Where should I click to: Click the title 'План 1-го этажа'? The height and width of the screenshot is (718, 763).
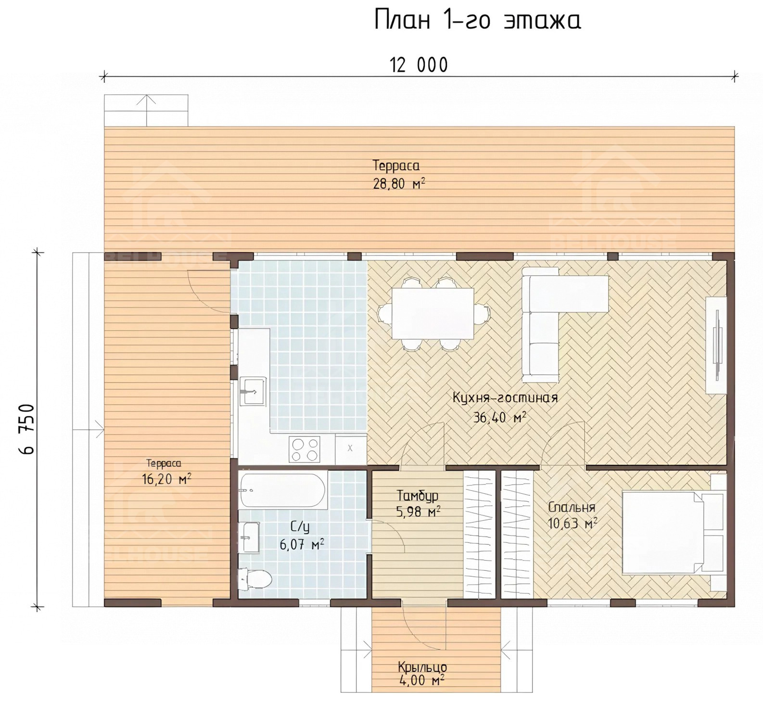pyautogui.click(x=478, y=21)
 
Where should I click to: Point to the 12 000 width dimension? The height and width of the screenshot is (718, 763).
pyautogui.click(x=419, y=65)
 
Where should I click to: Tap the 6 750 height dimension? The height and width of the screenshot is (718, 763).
pyautogui.click(x=28, y=429)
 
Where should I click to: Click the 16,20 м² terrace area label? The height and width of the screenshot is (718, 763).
pyautogui.click(x=167, y=479)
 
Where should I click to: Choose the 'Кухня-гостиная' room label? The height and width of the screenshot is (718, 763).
pyautogui.click(x=505, y=398)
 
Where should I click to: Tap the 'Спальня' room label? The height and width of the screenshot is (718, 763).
pyautogui.click(x=572, y=507)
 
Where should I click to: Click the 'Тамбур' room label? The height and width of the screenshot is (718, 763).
pyautogui.click(x=418, y=496)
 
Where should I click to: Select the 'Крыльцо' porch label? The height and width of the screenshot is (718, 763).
pyautogui.click(x=422, y=667)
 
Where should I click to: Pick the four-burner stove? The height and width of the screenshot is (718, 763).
pyautogui.click(x=305, y=449)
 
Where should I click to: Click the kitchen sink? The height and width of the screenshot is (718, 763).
pyautogui.click(x=253, y=391)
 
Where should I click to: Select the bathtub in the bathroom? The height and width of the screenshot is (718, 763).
pyautogui.click(x=284, y=490)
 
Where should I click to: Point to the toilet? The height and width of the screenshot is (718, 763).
pyautogui.click(x=255, y=578)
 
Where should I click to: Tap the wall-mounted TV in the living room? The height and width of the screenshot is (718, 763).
pyautogui.click(x=717, y=345)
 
